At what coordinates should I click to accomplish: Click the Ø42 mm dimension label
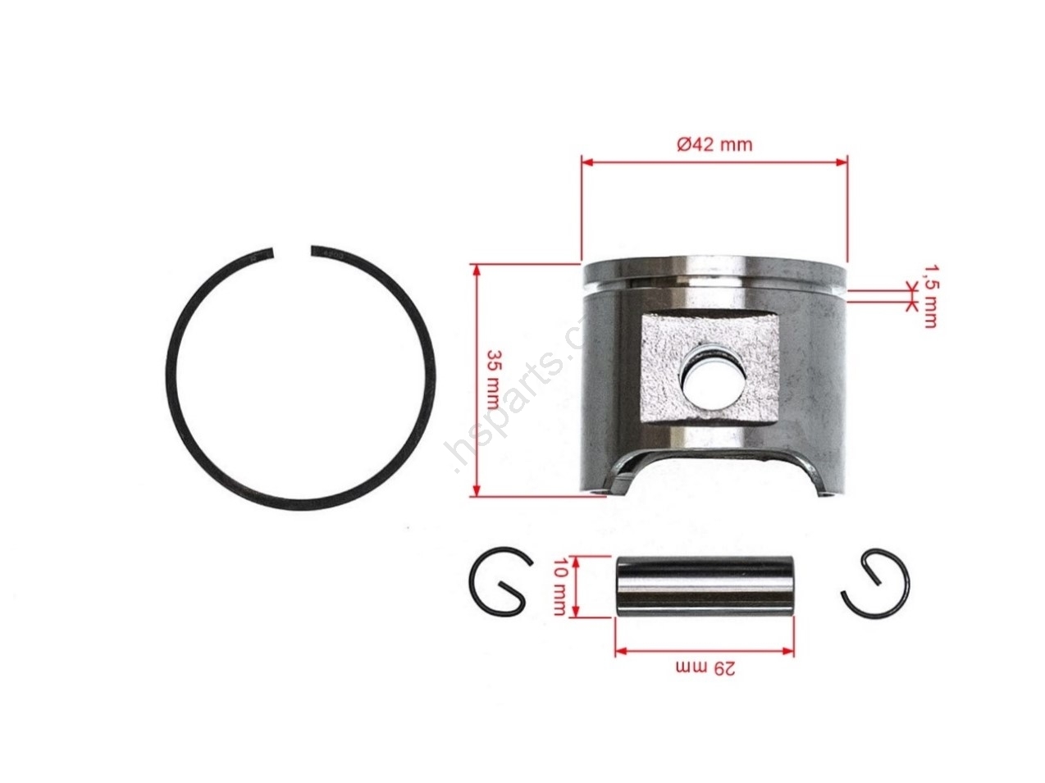click(x=714, y=144)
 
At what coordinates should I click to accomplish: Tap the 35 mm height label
click(x=493, y=380)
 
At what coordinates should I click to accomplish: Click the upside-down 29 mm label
click(x=705, y=668)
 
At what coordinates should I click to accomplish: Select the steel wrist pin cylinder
click(x=704, y=586)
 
